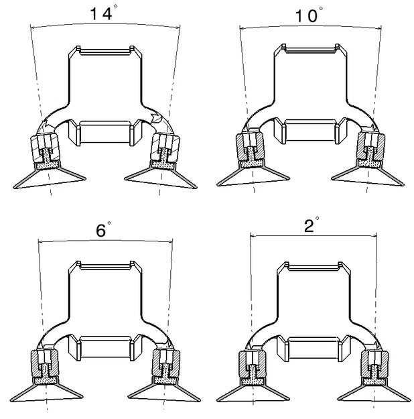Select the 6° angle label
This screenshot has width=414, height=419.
102,230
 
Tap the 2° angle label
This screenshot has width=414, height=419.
310,225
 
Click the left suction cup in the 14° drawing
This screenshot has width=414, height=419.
50,176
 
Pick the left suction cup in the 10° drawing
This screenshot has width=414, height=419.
254,176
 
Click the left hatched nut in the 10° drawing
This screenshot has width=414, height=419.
249,145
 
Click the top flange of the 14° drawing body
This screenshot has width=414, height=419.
104,50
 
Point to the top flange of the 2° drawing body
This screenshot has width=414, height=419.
314,267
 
